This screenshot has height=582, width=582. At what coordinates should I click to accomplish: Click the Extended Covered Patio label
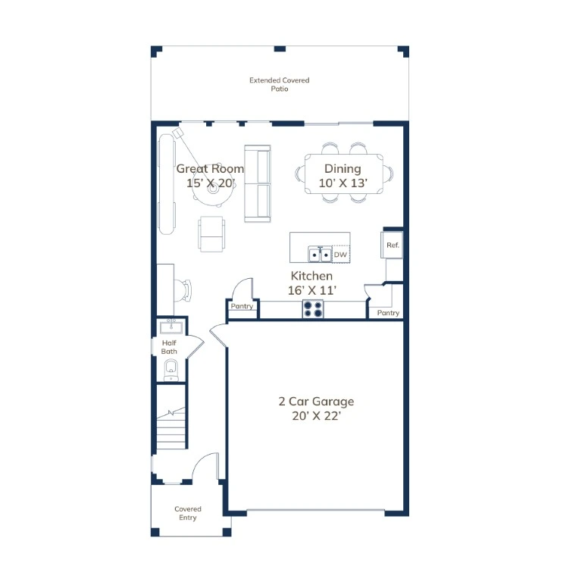click(x=279, y=84)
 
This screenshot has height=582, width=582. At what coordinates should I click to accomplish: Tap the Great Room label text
click(x=210, y=168)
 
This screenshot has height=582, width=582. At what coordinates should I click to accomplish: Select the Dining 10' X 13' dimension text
click(x=343, y=183)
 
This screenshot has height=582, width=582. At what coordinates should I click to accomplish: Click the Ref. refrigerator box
click(x=392, y=245)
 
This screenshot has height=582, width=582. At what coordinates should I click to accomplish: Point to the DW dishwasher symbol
click(x=340, y=255)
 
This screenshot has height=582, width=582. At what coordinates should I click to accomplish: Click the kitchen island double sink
click(x=320, y=255)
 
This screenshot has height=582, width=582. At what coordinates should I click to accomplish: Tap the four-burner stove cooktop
click(x=312, y=309)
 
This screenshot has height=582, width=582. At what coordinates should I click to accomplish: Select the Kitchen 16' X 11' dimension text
click(x=312, y=290)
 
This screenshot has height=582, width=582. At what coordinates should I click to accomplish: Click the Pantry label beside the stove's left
click(x=242, y=306)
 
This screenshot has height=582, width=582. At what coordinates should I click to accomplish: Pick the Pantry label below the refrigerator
click(x=388, y=313)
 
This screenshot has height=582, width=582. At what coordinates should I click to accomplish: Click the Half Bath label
click(x=169, y=347)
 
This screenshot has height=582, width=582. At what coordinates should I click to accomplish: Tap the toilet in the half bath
click(x=171, y=370)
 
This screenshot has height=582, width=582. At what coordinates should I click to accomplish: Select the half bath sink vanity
click(x=171, y=327)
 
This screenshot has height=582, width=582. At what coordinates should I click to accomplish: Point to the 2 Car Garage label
click(x=316, y=401)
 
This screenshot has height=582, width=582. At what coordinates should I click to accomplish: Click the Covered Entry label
click(x=188, y=513)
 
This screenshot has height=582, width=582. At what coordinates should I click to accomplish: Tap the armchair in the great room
click(x=211, y=234)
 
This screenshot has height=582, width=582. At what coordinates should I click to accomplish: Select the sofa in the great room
click(x=258, y=183)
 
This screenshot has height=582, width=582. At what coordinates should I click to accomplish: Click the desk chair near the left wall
click(x=183, y=290)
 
